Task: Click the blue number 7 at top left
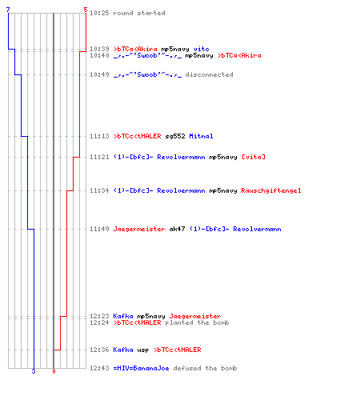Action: (x=8, y=10)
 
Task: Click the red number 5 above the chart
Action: (x=86, y=10)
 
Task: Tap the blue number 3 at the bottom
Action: (x=34, y=371)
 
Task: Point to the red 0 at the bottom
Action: (x=54, y=371)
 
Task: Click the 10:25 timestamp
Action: (x=99, y=13)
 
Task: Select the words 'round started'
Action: (x=139, y=13)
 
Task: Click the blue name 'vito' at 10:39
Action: (x=202, y=49)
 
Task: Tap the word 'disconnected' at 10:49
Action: (x=209, y=74)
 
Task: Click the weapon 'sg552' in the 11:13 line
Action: (x=175, y=136)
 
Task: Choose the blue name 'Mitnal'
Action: (x=201, y=136)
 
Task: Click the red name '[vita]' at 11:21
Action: (x=254, y=157)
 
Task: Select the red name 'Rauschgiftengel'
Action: (x=271, y=190)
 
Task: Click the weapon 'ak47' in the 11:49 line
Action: (x=177, y=229)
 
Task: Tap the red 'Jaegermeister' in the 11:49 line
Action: (x=139, y=229)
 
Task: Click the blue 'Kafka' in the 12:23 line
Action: (x=123, y=316)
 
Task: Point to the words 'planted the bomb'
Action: (x=197, y=322)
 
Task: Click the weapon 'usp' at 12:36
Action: (x=143, y=350)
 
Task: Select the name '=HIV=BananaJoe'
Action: (x=141, y=368)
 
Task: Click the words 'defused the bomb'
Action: (x=205, y=368)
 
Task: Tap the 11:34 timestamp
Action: (x=99, y=190)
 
